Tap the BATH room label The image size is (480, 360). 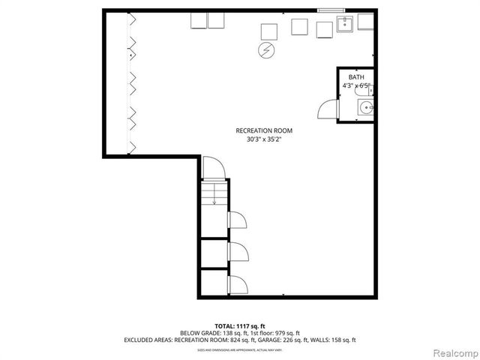pyautogui.click(x=356, y=77)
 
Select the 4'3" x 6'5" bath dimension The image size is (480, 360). pyautogui.click(x=356, y=86)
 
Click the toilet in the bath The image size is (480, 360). pyautogui.click(x=368, y=91)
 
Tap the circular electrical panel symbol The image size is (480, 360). pyautogui.click(x=266, y=50)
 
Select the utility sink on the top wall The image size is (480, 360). pyautogui.click(x=346, y=25)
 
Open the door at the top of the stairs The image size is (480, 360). pyautogui.click(x=211, y=168)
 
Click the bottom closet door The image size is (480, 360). pyautogui.click(x=238, y=284)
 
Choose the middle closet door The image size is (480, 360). pyautogui.click(x=238, y=251)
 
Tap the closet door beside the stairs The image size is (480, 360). pyautogui.click(x=238, y=220)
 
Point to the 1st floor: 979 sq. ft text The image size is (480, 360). pyautogui.click(x=273, y=332)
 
